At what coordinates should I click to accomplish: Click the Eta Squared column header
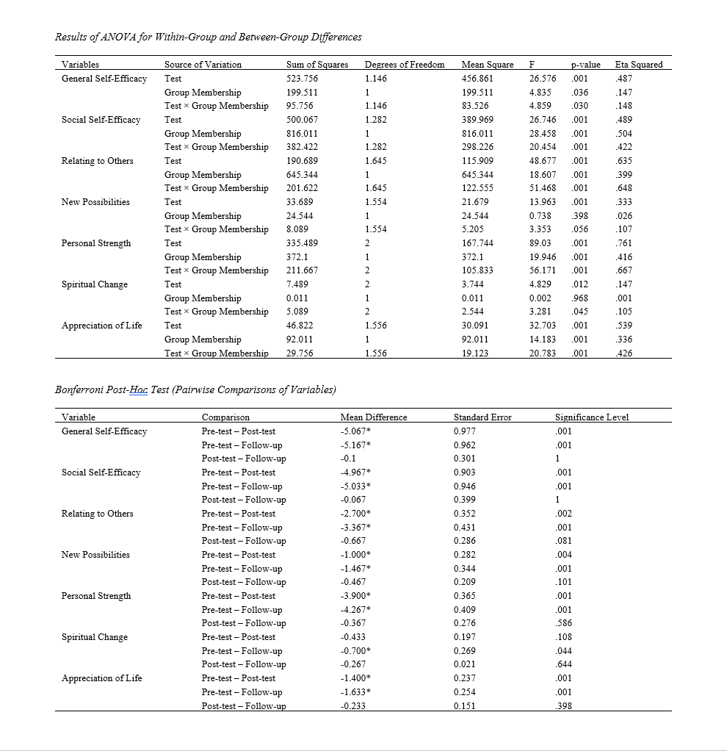[x=638, y=65]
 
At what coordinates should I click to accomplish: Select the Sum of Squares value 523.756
[x=302, y=79]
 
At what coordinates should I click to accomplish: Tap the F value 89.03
[x=540, y=243]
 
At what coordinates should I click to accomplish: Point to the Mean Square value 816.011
[x=477, y=134]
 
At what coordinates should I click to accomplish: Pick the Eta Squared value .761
[x=624, y=243]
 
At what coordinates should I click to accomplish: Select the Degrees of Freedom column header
[x=405, y=65]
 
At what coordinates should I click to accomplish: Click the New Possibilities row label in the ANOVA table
[x=95, y=202]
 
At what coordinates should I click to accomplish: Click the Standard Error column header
[x=482, y=417]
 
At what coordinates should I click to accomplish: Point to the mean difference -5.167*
[x=350, y=445]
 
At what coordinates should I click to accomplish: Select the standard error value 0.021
[x=465, y=664]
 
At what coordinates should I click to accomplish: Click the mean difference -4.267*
[x=350, y=610]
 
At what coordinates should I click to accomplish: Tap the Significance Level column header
[x=592, y=417]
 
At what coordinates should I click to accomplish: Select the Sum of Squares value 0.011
[x=297, y=298]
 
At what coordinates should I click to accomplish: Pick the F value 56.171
[x=542, y=270]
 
